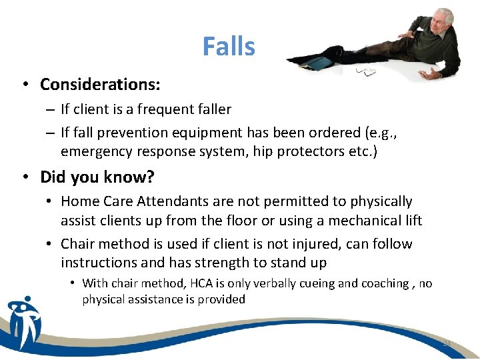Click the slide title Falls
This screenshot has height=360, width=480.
coord(229,47)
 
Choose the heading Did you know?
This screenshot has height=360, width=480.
coord(97,177)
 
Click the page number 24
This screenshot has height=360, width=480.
coord(447,343)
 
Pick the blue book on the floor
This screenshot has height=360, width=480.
coord(318,63)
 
